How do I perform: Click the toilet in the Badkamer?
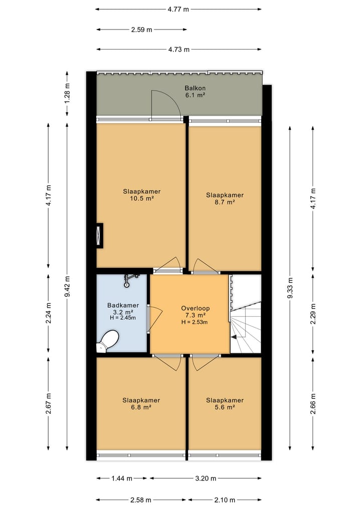(x=108, y=341)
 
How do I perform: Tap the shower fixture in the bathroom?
(x=130, y=280)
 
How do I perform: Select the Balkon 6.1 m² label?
(x=195, y=92)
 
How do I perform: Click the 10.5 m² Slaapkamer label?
(x=142, y=195)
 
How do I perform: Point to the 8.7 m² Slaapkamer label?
(x=225, y=198)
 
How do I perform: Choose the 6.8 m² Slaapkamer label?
(x=141, y=403)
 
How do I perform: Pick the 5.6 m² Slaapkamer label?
(x=225, y=403)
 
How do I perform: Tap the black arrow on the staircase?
(x=234, y=337)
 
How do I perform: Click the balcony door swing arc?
(x=172, y=97)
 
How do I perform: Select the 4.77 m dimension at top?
(x=178, y=9)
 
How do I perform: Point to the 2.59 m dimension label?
(x=142, y=30)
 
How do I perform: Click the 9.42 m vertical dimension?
(x=67, y=286)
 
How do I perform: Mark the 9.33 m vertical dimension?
(x=290, y=288)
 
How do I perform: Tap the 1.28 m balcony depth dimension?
(x=67, y=94)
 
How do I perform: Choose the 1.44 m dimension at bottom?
(x=122, y=478)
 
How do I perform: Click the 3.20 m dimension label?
(x=206, y=478)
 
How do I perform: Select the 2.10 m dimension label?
(x=225, y=500)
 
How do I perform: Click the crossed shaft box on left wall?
(x=99, y=236)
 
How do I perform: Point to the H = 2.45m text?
(x=123, y=318)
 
